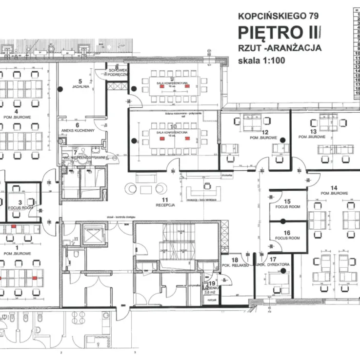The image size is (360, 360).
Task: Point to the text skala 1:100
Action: coord(261,61)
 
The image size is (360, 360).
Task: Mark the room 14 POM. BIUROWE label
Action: coord(334,190)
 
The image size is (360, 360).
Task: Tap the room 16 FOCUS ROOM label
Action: coord(287,236)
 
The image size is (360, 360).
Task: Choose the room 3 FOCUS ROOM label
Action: coord(20,205)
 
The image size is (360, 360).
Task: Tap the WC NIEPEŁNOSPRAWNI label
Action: coord(85,158)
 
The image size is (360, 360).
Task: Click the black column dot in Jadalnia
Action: coord(60,89)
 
